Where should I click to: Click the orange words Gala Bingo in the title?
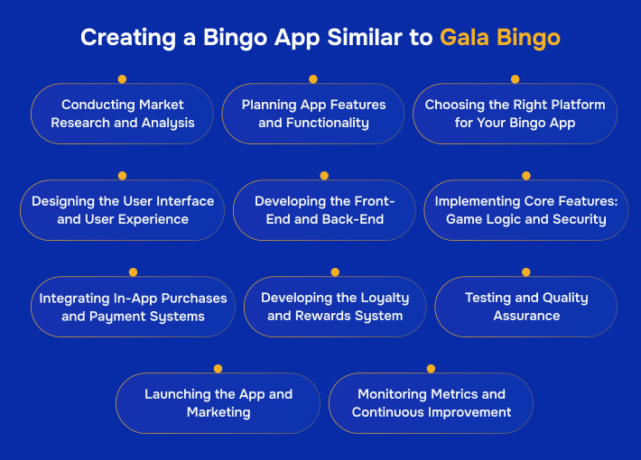tap(499, 38)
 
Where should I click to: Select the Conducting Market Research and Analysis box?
tap(122, 114)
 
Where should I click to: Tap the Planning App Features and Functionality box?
tap(313, 114)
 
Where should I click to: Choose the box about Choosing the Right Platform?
tap(515, 114)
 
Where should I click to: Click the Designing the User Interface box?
tap(122, 210)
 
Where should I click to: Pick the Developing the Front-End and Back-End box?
tap(324, 210)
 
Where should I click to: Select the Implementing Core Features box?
tap(525, 210)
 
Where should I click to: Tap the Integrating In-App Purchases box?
tap(133, 307)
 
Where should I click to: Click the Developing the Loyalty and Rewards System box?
tap(335, 307)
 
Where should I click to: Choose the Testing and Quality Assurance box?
tap(525, 307)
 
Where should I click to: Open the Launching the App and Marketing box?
tap(218, 403)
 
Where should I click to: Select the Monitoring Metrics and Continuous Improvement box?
tap(431, 403)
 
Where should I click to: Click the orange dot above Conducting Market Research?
tap(122, 79)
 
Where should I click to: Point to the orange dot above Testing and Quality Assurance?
tap(526, 271)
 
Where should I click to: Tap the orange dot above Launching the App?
tap(218, 368)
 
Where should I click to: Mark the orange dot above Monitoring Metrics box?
tap(431, 368)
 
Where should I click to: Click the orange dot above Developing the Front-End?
tap(324, 176)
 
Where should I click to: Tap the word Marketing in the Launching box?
tap(218, 412)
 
